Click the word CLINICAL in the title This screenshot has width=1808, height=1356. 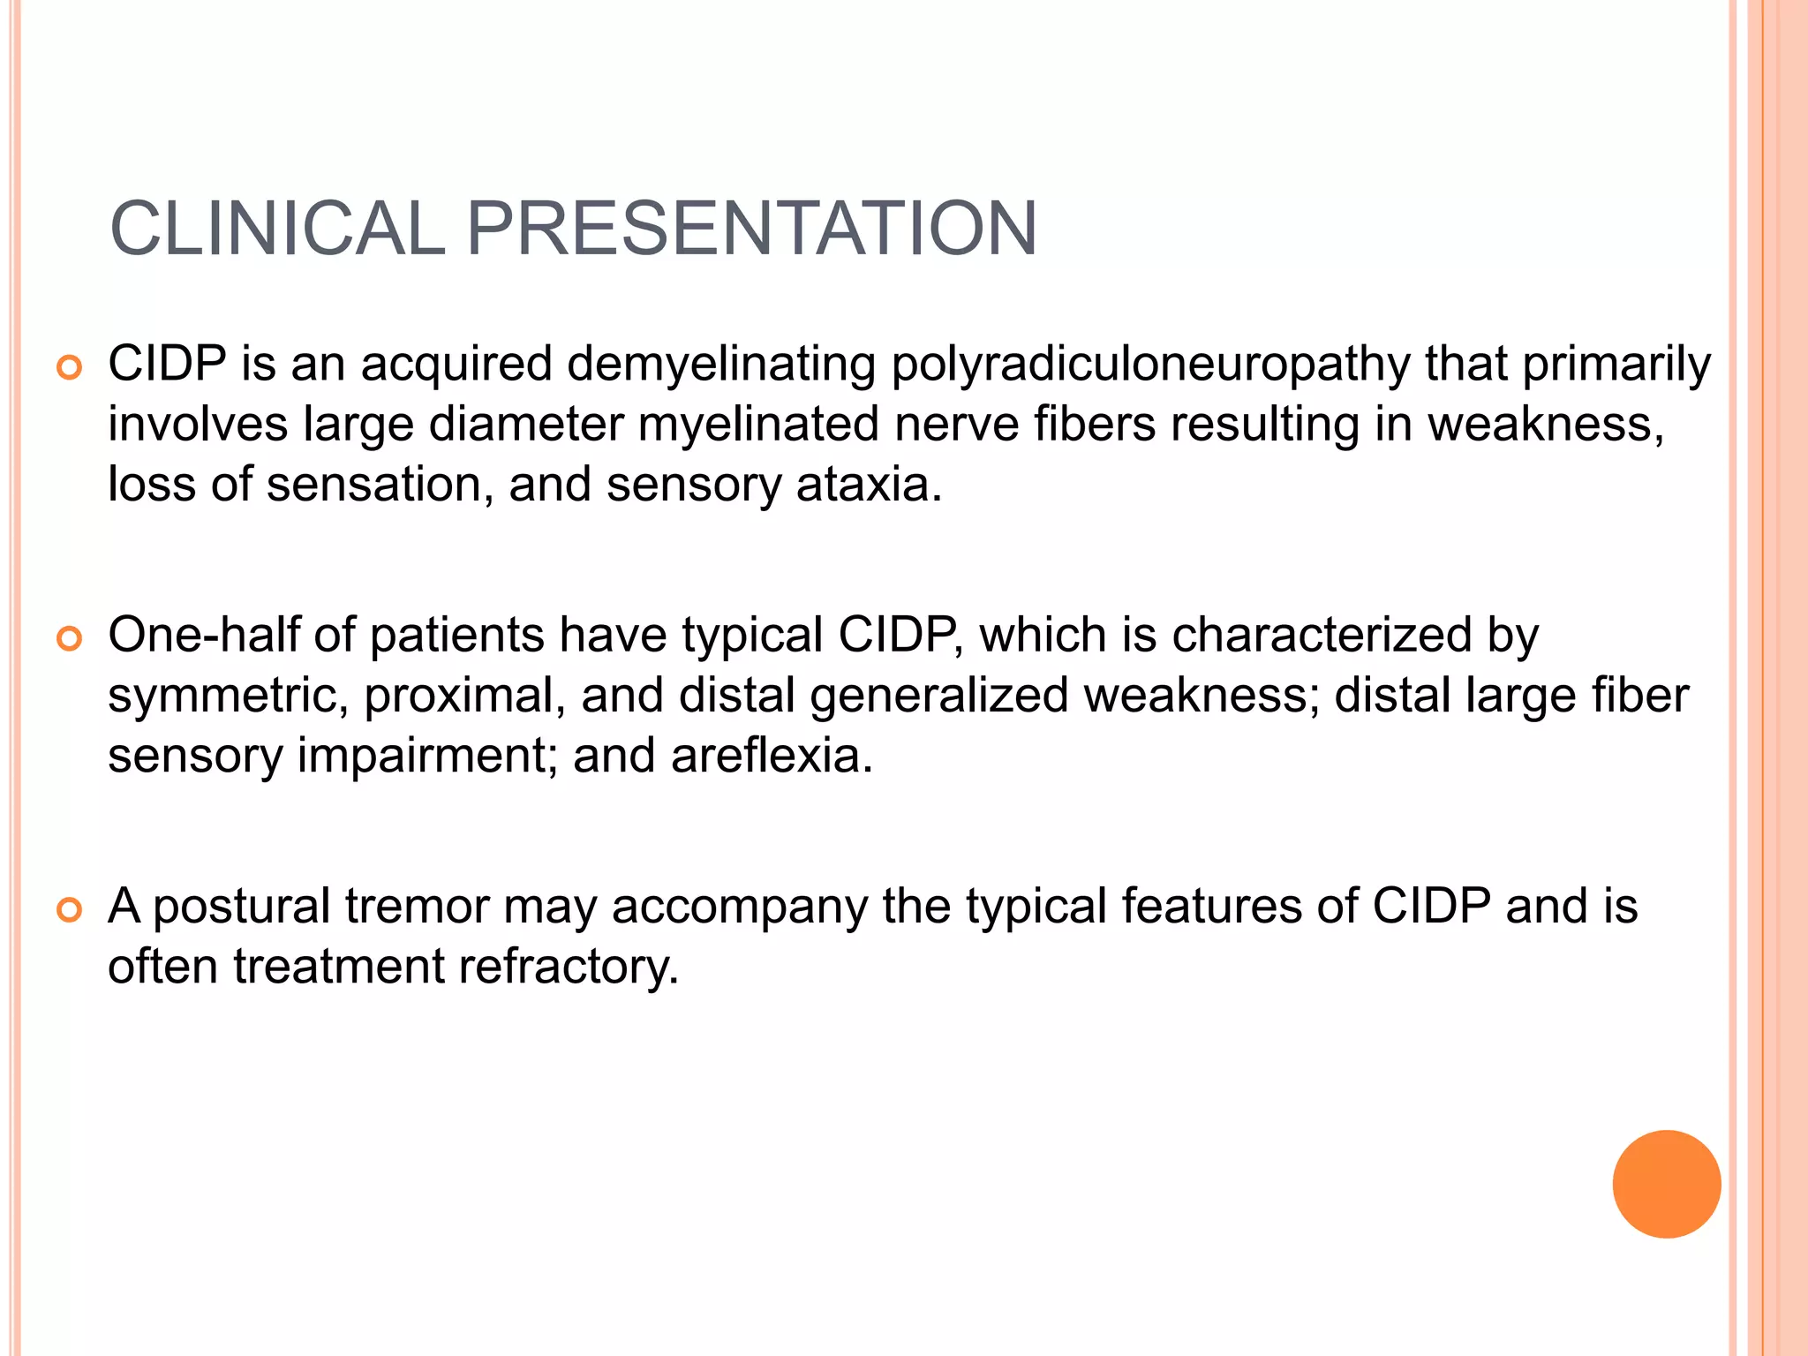(277, 229)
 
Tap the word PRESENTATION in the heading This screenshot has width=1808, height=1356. (750, 229)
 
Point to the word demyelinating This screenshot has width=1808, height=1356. (721, 365)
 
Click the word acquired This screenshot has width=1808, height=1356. (456, 365)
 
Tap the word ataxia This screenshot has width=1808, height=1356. (869, 485)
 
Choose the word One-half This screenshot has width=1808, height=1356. (203, 635)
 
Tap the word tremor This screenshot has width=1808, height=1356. (417, 906)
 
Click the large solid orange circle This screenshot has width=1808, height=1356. (1666, 1184)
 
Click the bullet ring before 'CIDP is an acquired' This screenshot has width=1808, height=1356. (69, 367)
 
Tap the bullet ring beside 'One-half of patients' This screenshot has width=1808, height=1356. (69, 638)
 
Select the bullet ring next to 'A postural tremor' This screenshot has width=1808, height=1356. (69, 909)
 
